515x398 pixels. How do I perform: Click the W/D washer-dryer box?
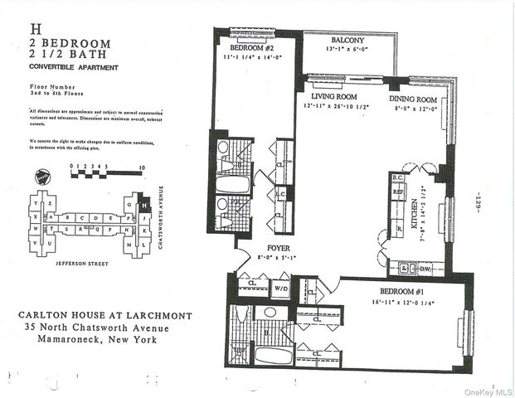281,289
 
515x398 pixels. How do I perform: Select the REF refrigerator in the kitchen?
397,190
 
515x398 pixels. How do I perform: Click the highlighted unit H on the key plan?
143,204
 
